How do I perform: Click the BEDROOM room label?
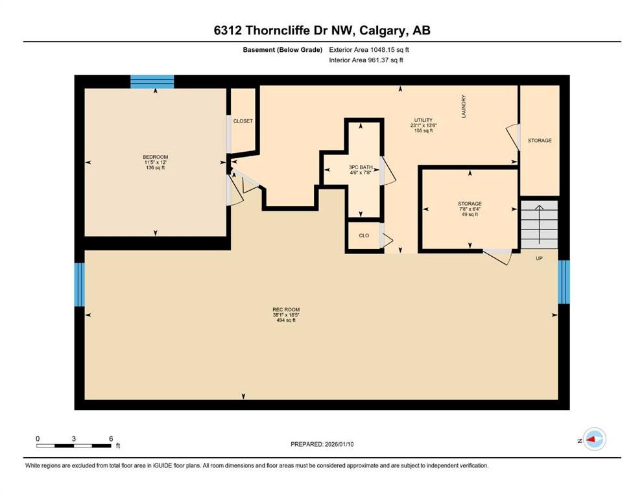click(x=155, y=157)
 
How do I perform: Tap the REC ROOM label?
click(x=285, y=310)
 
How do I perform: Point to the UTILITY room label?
click(x=423, y=120)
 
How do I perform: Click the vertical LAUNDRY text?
click(x=464, y=106)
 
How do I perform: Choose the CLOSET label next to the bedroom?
click(x=243, y=121)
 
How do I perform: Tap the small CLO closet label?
click(x=364, y=235)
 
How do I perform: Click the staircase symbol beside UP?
click(x=539, y=224)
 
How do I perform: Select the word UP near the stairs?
click(x=539, y=258)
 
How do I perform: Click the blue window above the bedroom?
click(x=152, y=82)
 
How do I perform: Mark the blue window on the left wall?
click(x=79, y=285)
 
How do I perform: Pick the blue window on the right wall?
click(x=564, y=281)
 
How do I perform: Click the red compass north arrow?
click(x=593, y=440)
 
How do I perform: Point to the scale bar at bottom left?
click(x=75, y=445)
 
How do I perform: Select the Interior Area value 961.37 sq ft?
click(x=383, y=60)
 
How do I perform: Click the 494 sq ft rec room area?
click(x=285, y=320)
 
